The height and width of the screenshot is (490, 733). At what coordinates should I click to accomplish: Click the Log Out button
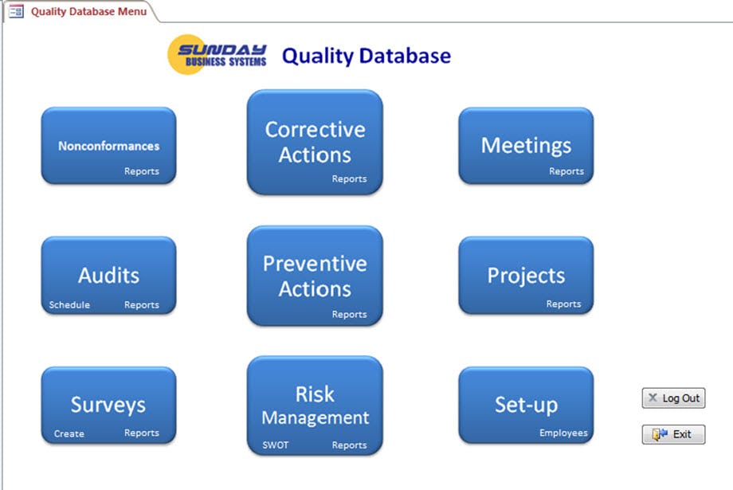[x=673, y=398]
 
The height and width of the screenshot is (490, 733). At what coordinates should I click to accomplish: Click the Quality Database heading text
[x=366, y=56]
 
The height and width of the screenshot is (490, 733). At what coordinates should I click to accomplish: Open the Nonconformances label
[x=108, y=146]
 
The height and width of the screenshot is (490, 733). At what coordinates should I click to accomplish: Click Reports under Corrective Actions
[x=349, y=179]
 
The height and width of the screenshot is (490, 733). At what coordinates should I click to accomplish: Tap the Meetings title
[x=526, y=146]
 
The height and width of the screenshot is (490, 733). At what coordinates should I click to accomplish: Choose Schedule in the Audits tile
[x=69, y=305]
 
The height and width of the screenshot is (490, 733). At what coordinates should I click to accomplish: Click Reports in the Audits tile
[x=142, y=305]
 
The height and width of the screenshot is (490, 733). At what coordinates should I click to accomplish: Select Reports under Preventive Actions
[x=349, y=315]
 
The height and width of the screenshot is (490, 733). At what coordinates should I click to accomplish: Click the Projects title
[x=526, y=276]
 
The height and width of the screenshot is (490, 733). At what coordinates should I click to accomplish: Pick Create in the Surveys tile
[x=69, y=434]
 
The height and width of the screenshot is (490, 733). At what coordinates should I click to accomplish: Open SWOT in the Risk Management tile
[x=276, y=445]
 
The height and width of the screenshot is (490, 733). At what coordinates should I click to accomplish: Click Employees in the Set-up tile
[x=563, y=433]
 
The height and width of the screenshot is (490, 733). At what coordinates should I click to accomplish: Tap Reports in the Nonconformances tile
[x=142, y=171]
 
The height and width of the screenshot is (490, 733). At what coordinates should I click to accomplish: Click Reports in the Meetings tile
[x=566, y=171]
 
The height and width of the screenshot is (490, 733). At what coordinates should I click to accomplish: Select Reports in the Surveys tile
[x=142, y=433]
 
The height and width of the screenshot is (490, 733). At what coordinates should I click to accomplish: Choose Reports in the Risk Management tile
[x=349, y=445]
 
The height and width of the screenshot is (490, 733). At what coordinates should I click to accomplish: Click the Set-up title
[x=526, y=405]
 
